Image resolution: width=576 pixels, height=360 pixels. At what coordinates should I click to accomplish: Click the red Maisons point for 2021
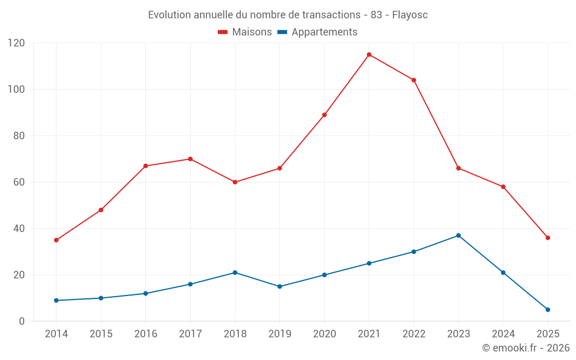coord(369,55)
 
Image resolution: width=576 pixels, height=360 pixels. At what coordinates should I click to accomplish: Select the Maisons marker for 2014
coord(56,240)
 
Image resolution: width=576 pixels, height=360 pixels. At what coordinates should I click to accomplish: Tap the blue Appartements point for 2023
coord(458,236)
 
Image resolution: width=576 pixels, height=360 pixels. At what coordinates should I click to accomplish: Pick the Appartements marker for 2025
coord(548,310)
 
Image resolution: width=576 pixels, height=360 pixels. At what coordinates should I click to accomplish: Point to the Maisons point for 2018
coord(235,182)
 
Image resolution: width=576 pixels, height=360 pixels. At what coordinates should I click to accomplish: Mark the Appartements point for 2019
coord(280,286)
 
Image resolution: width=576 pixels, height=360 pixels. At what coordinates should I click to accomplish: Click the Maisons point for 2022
coord(414,80)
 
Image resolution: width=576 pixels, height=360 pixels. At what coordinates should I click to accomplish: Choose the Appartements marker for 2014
coord(56,300)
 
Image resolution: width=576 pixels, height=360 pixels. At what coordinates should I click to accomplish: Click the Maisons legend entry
coord(245,32)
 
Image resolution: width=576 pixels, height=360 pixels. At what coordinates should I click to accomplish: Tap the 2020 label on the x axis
coord(324,334)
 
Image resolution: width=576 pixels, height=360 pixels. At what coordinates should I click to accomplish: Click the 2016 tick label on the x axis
coord(145,334)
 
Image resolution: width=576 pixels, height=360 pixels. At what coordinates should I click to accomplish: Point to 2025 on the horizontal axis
coord(548,334)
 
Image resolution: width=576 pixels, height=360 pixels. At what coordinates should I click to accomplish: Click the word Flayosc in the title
coord(410,15)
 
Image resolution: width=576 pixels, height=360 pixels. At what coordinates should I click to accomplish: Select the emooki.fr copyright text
coord(526,348)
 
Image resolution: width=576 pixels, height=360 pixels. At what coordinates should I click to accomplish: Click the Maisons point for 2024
coord(503,187)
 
